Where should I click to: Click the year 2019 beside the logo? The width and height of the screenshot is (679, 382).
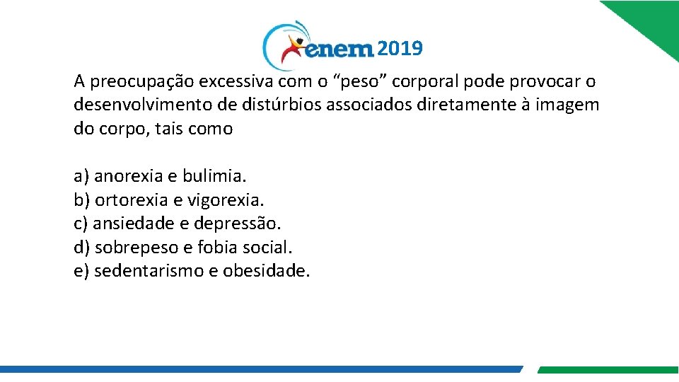(400, 49)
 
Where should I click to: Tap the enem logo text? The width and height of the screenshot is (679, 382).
(338, 50)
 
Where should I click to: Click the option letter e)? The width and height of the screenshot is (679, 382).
(81, 271)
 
